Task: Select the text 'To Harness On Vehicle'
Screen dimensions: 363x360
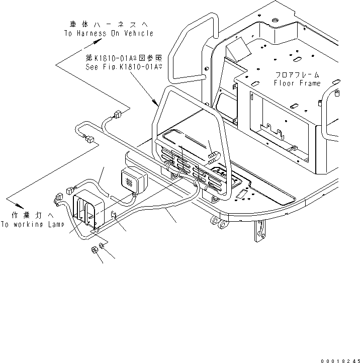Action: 108,33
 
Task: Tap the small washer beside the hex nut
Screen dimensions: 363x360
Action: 102,245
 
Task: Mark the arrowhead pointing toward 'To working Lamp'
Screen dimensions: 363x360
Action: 20,206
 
